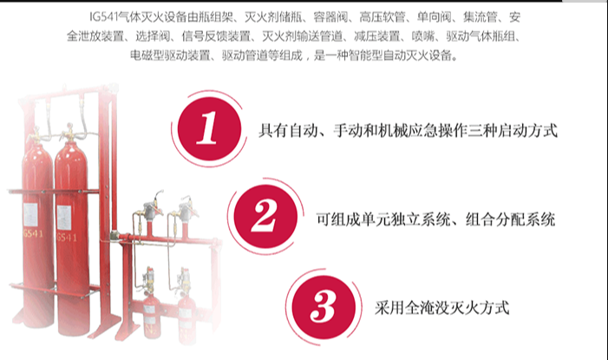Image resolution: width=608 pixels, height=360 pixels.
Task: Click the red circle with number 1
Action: pos(209,128)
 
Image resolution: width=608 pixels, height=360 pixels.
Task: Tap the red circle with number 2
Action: pos(265,217)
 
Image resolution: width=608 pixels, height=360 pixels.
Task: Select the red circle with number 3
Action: pos(324,307)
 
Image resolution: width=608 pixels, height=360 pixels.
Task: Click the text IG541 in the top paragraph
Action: pos(104,17)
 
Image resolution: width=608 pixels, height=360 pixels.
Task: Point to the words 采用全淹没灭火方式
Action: pos(442,308)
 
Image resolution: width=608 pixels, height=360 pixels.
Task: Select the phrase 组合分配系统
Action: pos(510,219)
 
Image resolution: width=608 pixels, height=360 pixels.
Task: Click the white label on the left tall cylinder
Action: pos(30,215)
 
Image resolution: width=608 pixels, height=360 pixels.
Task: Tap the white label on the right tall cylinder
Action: pos(64,218)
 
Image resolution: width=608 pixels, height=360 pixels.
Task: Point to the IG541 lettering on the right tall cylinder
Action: pos(67,237)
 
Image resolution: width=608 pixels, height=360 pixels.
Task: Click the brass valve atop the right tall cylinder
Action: pos(69,132)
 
